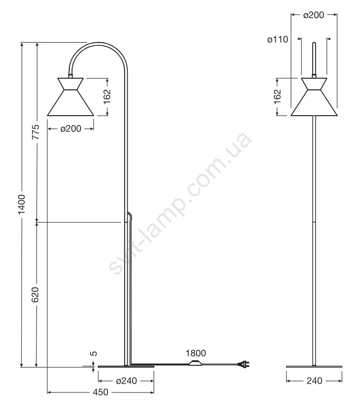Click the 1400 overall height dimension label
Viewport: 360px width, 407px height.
22,204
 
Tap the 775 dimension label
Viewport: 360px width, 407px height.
36,132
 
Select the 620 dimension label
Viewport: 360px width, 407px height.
35,295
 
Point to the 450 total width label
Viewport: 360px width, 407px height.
100,392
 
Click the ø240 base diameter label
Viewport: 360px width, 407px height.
126,380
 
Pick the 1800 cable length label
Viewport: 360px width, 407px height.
196,353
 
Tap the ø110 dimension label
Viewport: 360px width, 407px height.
278,39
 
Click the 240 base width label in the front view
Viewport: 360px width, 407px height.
314,380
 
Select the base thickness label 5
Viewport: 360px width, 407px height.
94,353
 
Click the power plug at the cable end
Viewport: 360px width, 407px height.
244,365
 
